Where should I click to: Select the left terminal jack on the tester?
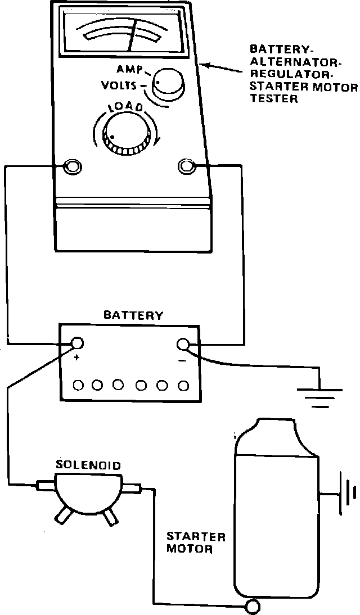(72, 166)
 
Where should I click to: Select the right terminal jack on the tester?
(186, 166)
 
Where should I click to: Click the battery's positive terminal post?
(76, 344)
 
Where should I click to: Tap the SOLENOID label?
(88, 465)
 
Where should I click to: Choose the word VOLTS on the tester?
(119, 85)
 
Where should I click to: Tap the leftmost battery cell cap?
(79, 385)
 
